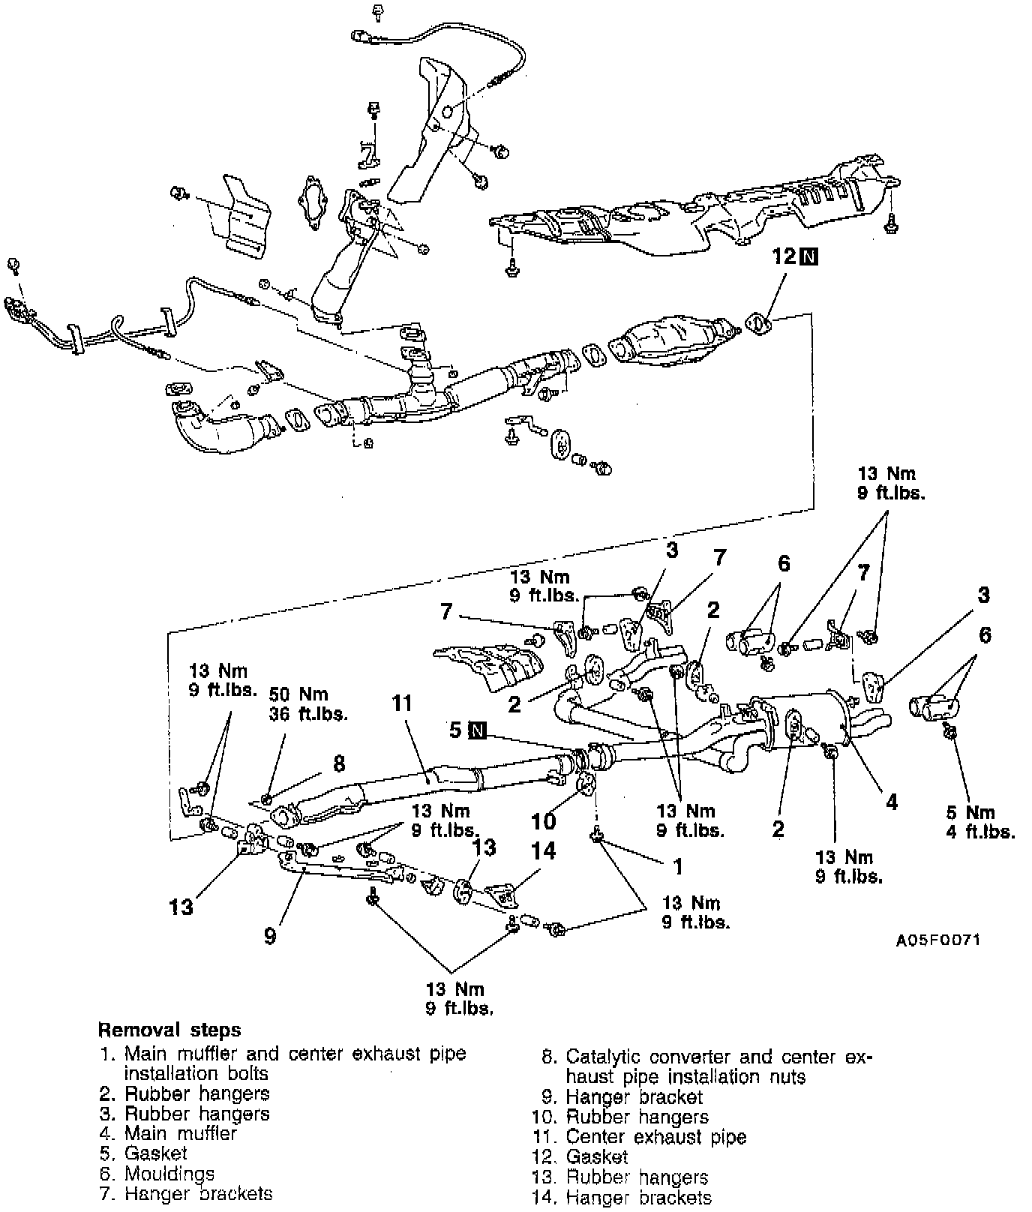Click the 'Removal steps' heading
169,1029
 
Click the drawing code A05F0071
937,940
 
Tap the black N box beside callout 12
808,257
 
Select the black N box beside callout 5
478,730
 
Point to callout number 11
402,703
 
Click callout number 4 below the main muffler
891,802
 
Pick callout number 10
544,820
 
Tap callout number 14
544,851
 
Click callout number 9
271,935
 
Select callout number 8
339,763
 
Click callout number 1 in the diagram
678,867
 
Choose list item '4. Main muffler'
169,1133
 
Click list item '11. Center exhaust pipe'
639,1137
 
